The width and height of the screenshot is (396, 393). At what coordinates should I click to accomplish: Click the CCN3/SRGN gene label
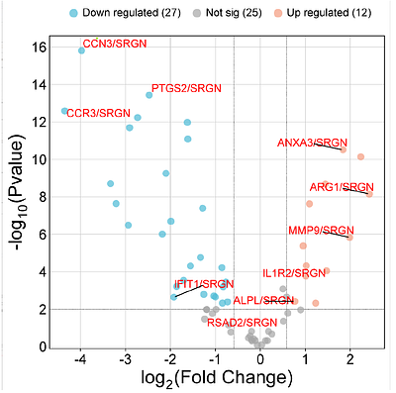coord(114,45)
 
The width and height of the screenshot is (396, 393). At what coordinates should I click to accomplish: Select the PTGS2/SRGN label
coord(186,89)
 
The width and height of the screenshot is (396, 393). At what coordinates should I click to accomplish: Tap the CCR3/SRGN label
coord(98,113)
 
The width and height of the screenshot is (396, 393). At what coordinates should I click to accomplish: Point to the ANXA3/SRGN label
coord(311,145)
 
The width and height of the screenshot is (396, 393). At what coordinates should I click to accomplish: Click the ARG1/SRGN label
coord(342,186)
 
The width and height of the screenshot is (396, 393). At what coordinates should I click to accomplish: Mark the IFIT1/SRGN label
coord(204,284)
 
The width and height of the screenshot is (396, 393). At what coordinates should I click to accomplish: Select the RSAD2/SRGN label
coord(243,322)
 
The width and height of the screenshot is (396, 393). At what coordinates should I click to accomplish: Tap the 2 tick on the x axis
coord(349,358)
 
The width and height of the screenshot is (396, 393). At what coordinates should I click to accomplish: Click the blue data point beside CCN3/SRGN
coord(81,49)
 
